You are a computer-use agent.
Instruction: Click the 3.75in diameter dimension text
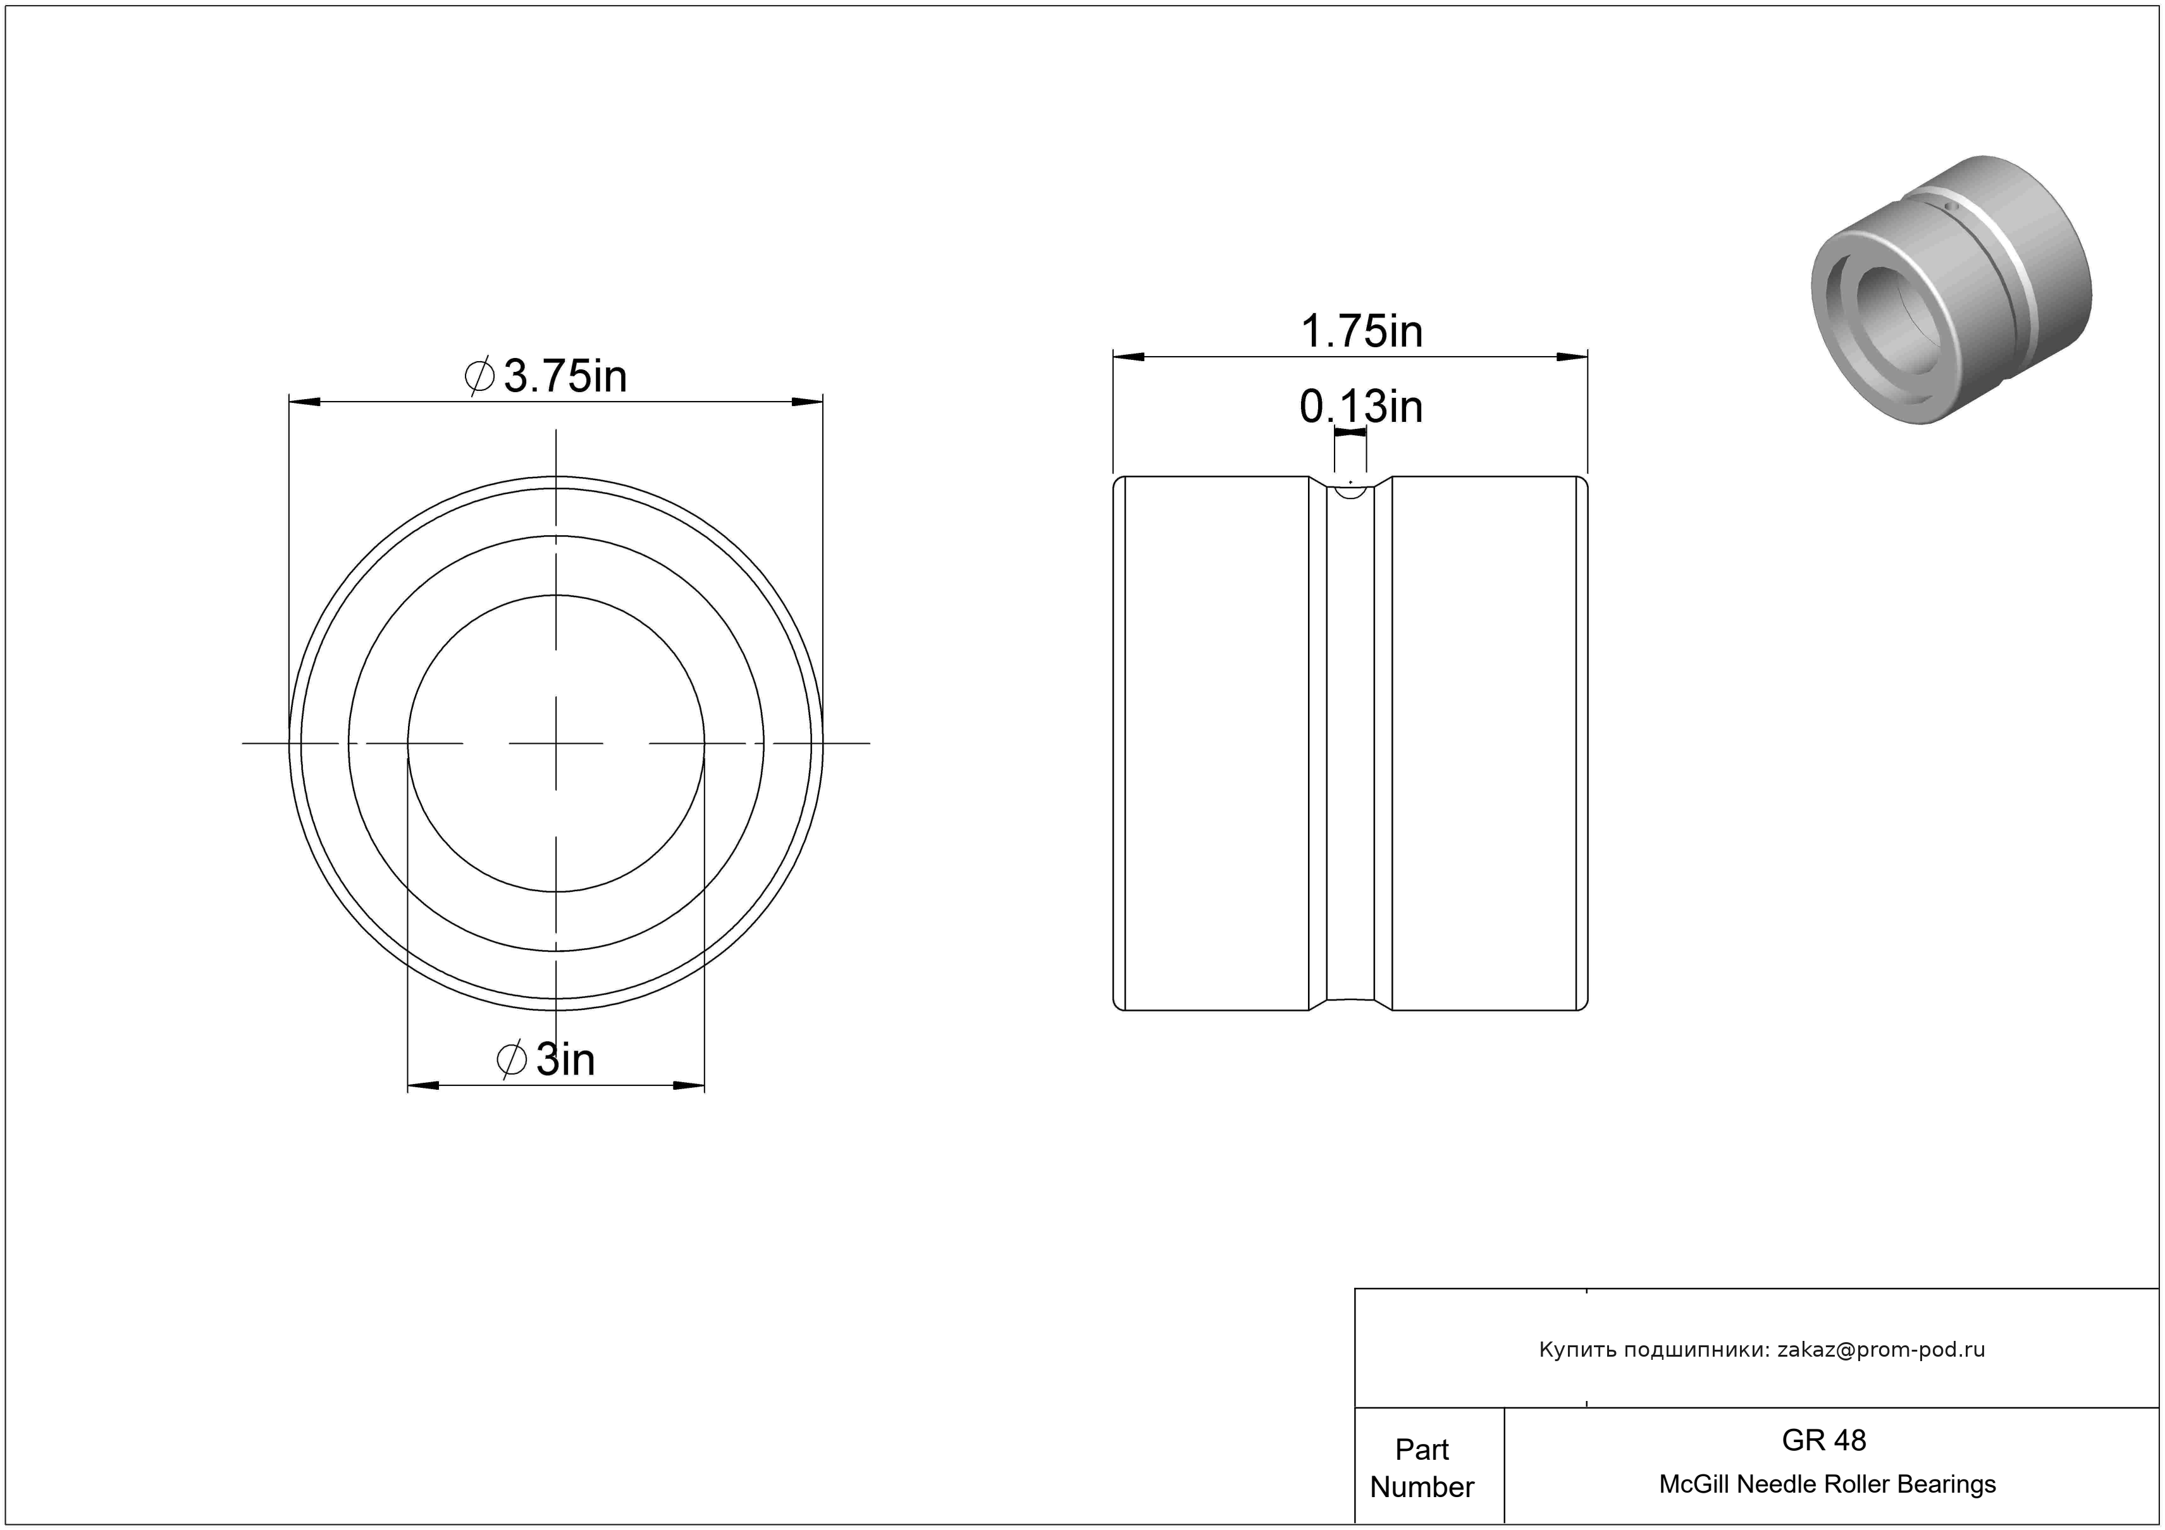tap(565, 376)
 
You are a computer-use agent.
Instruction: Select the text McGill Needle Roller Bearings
tap(1827, 1484)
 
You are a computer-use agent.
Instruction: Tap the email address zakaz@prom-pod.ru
tap(1881, 1349)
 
